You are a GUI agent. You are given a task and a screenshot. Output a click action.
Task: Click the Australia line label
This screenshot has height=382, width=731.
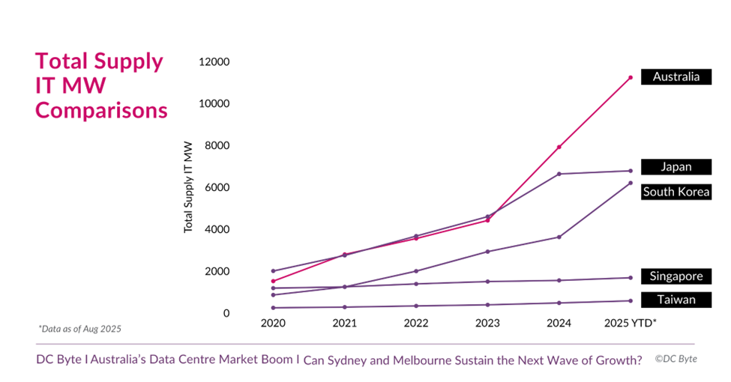click(x=676, y=77)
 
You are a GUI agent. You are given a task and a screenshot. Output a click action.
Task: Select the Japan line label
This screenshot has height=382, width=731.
click(x=676, y=167)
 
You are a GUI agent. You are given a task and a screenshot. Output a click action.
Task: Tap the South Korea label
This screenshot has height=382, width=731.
click(x=676, y=192)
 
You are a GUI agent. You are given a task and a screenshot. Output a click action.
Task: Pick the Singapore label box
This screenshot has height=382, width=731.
click(x=676, y=276)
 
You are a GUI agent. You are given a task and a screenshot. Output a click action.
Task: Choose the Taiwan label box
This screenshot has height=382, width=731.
click(x=676, y=300)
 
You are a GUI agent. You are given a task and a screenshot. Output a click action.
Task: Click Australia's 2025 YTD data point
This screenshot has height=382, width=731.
click(x=631, y=77)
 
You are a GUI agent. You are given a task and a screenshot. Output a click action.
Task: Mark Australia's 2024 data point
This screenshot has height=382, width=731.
click(x=559, y=147)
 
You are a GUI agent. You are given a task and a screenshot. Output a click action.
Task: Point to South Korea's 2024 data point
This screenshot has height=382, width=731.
click(x=559, y=237)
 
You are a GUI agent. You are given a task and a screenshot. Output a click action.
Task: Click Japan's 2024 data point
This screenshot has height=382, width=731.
click(x=559, y=174)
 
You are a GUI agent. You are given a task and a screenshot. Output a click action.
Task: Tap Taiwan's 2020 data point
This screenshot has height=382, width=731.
click(x=273, y=308)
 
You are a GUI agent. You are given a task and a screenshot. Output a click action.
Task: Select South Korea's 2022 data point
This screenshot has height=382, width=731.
click(x=416, y=271)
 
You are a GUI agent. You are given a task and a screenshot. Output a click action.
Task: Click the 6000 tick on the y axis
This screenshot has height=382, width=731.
click(x=217, y=187)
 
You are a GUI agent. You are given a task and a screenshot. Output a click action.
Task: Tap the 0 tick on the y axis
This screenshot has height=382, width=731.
click(x=226, y=313)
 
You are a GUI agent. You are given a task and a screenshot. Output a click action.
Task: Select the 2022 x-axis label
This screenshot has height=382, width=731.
click(x=416, y=324)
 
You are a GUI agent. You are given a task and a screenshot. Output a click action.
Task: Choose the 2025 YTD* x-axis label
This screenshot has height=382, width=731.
click(x=631, y=324)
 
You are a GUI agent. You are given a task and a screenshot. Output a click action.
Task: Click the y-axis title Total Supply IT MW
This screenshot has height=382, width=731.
click(x=188, y=187)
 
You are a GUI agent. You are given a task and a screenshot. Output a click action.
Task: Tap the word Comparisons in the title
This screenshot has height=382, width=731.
click(x=101, y=111)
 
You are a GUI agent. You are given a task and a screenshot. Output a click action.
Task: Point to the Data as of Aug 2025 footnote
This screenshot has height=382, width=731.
click(x=80, y=329)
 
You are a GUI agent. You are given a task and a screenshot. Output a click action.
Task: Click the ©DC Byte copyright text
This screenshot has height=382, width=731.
click(x=676, y=359)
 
